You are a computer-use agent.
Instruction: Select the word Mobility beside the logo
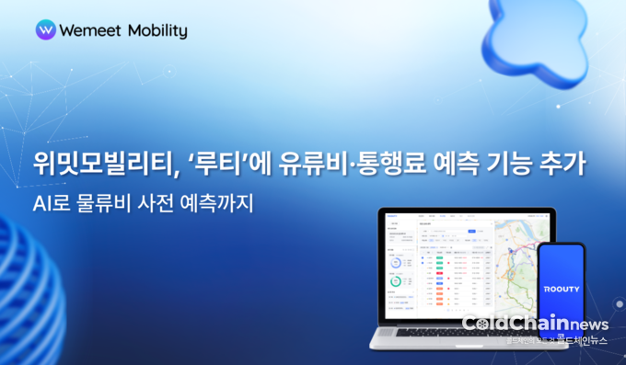point(156,30)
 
